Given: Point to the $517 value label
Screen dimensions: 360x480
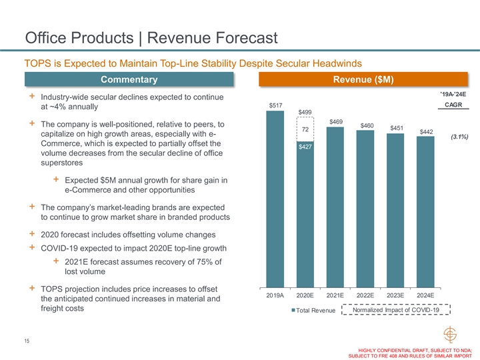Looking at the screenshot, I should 275,105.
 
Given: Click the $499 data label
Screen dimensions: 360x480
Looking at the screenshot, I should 305,112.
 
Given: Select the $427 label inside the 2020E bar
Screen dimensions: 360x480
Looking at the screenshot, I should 305,147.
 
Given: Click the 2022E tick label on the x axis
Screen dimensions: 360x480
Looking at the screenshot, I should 365,294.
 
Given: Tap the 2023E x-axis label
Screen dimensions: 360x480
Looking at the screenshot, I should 395,294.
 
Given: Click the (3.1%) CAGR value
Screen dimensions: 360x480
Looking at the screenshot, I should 458,137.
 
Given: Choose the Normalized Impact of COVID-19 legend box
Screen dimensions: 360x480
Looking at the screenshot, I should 396,310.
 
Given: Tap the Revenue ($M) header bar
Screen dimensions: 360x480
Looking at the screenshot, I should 365,80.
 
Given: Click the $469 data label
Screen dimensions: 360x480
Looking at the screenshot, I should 335,121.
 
